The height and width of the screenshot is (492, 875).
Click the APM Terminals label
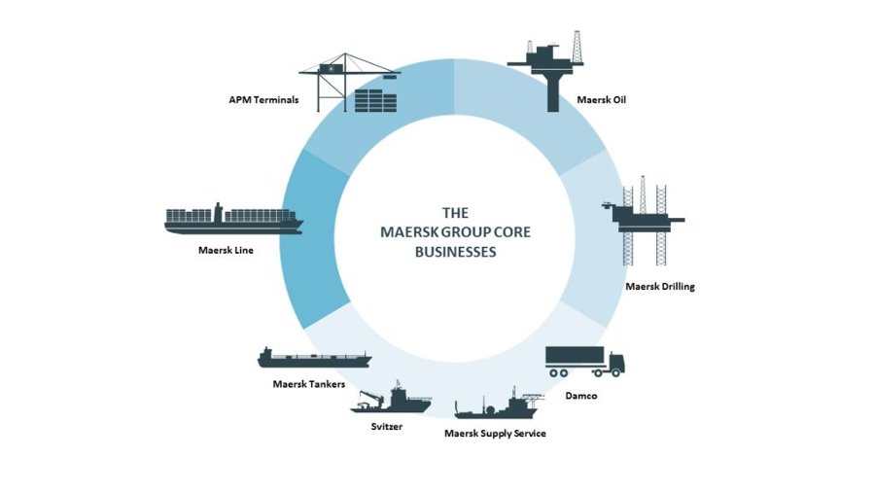[263, 99]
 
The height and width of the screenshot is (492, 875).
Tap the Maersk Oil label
[601, 99]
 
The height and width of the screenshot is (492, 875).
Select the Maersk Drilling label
[659, 287]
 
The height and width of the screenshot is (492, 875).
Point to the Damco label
[580, 396]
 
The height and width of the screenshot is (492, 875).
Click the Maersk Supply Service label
[495, 433]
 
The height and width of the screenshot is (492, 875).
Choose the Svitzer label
[386, 426]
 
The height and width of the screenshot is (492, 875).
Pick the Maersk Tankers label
[308, 384]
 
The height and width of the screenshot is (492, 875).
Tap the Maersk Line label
[225, 250]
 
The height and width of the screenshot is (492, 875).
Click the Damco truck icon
[583, 362]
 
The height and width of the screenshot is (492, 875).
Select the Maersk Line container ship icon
[233, 219]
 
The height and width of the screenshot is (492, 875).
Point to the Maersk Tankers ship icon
[313, 358]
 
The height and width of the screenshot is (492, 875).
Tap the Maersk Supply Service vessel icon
[496, 406]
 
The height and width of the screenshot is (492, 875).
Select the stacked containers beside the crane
[375, 101]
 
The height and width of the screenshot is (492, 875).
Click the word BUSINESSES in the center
[455, 251]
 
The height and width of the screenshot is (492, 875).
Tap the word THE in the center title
[455, 212]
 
